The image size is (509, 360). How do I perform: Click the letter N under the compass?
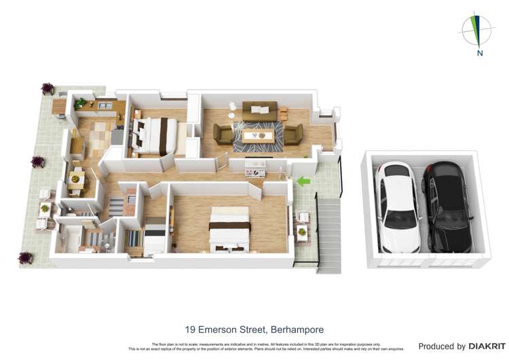[480, 53]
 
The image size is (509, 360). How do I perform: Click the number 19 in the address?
[190, 329]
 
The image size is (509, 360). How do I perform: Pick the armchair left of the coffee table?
[223, 134]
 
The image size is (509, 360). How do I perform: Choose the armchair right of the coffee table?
[294, 134]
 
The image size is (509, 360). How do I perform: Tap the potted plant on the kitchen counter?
[81, 103]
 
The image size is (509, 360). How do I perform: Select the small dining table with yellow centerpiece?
[75, 179]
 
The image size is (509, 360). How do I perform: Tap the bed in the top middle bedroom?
[157, 133]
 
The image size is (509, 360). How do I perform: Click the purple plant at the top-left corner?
[48, 88]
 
